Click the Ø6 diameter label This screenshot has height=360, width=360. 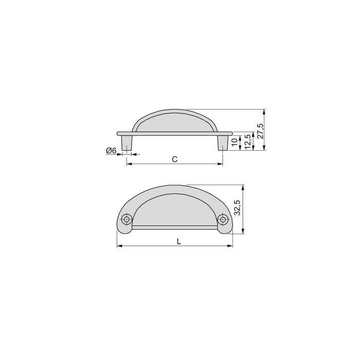tap(111, 150)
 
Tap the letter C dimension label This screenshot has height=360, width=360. tap(175, 159)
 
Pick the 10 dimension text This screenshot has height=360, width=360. tap(235, 142)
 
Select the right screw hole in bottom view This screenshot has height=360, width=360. tap(222, 220)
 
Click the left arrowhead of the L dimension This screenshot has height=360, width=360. tap(120, 246)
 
